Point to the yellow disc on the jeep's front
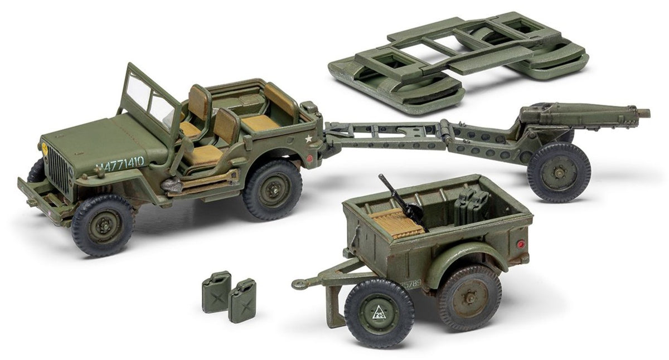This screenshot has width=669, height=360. click(x=45, y=149)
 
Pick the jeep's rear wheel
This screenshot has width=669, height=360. click(x=273, y=189)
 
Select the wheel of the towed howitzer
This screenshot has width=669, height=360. click(x=559, y=172)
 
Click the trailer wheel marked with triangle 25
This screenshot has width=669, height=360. click(x=379, y=312)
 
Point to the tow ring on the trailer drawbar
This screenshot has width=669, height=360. click(x=300, y=284)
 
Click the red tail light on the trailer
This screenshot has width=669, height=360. click(x=520, y=244)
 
